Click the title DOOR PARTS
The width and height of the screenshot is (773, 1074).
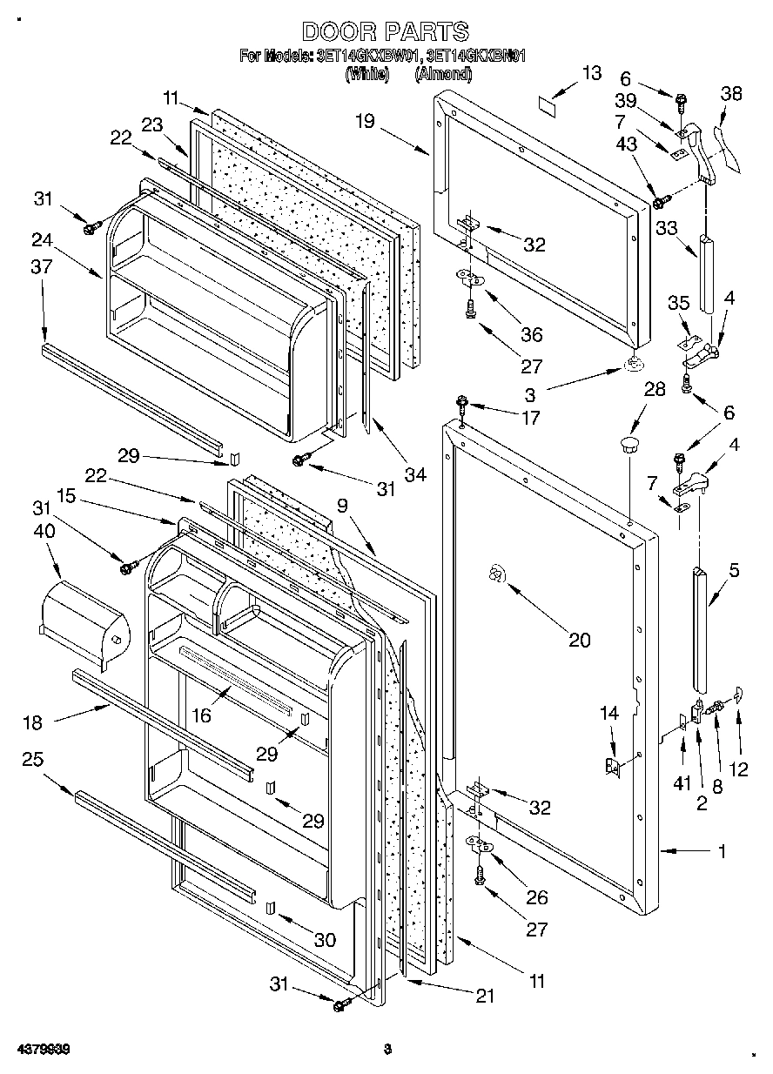[x=386, y=32]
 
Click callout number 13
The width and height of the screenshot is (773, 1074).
[x=591, y=73]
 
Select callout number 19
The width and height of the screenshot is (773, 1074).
[x=365, y=122]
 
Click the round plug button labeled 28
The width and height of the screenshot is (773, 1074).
[x=628, y=446]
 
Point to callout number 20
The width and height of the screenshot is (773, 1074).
[x=579, y=641]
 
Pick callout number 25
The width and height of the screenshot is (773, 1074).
[x=32, y=759]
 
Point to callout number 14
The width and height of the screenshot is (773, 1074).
[x=609, y=714]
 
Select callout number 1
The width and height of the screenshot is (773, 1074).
[x=721, y=852]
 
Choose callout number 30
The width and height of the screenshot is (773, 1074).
[x=324, y=940]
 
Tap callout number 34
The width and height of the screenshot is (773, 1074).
[x=415, y=475]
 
